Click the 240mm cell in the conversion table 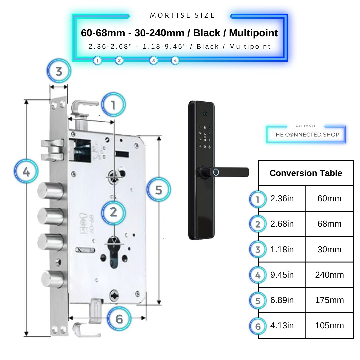[329, 275]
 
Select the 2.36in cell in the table [282, 199]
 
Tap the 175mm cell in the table [329, 300]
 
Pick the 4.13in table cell [282, 326]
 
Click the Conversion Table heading [306, 173]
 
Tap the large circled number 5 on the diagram [159, 190]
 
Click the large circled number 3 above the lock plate [59, 71]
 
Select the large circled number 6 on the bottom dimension [119, 319]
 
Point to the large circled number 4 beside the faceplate [26, 172]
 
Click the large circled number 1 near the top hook [113, 105]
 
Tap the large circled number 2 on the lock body [113, 212]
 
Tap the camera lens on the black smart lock [205, 114]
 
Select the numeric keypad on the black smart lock [204, 137]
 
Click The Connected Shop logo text [305, 134]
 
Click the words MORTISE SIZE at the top [182, 15]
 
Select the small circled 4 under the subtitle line [175, 60]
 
